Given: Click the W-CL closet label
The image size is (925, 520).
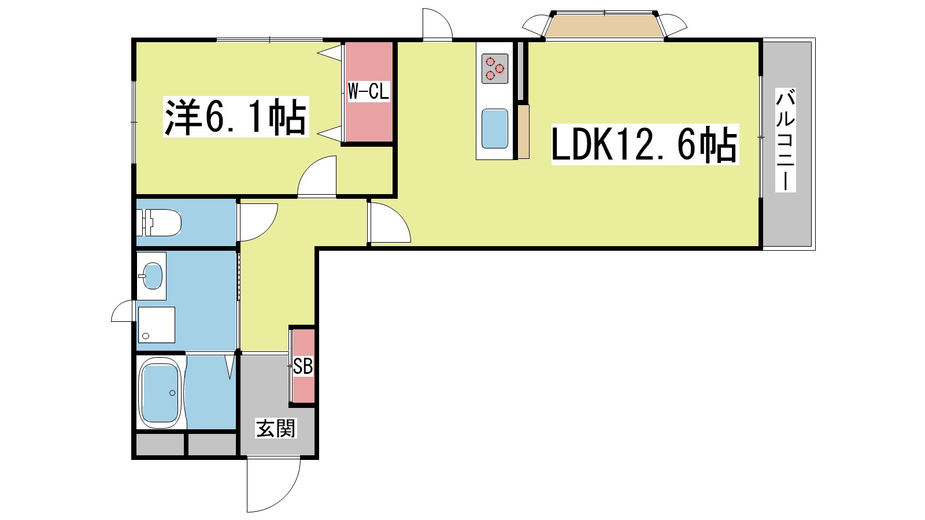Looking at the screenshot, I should coord(368,91).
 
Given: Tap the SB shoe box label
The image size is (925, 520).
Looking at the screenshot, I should coord(303,366).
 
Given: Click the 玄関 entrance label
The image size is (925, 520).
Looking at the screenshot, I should coord(276,428).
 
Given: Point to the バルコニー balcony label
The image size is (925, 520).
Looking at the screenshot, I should coord(786,140).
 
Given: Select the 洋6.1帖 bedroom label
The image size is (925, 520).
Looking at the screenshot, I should coord(236,117).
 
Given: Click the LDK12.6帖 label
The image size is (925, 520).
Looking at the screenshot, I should coord(645,145).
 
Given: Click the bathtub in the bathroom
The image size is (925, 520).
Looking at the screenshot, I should coord(160,393).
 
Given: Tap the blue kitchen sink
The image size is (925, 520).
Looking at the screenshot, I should coord(495,128).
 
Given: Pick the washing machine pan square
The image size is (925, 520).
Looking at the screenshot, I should coord(156,324).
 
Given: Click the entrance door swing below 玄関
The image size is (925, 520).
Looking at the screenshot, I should coord(273,484).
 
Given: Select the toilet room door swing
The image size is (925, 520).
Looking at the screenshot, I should coord(257,221).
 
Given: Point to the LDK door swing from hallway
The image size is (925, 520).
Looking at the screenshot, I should coord(388,222).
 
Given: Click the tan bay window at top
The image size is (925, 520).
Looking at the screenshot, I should coord(604,26).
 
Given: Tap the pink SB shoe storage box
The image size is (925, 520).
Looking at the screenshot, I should coord(303,366).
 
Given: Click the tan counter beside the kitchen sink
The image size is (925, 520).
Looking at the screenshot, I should coord(523,131).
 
